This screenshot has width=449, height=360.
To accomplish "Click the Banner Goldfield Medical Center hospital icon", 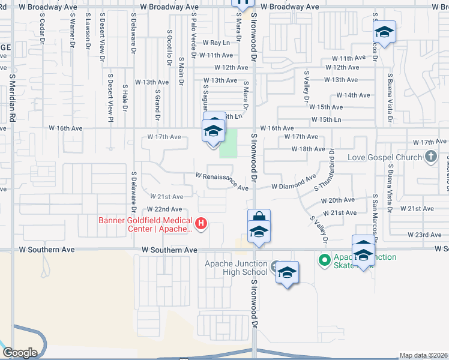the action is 201,225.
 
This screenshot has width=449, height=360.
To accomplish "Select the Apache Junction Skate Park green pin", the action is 325,260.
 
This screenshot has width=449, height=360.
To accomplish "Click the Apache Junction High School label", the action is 236,268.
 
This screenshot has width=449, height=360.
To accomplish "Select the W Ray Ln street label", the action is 216,43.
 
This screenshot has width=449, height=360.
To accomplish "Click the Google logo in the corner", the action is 20,353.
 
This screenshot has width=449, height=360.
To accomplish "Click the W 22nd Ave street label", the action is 164,209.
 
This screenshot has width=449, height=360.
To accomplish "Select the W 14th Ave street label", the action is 353,95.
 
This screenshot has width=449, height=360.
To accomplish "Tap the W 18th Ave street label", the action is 308,149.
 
